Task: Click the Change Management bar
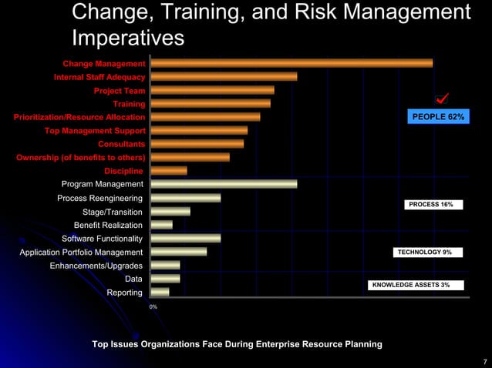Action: pos(291,63)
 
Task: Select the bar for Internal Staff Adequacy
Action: pos(224,76)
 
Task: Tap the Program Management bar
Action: pos(224,184)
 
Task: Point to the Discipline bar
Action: pos(169,170)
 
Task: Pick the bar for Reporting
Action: pos(160,292)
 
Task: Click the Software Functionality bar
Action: pos(186,238)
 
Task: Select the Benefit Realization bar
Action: pos(162,225)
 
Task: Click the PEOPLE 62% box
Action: pos(438,117)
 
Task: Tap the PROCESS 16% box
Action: pos(433,205)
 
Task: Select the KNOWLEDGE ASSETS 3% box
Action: pos(416,285)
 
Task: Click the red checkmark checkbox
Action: pos(442,99)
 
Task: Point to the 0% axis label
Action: pos(153,307)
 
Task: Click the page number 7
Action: pos(484,361)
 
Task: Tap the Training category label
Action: pos(129,104)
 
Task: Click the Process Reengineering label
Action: pos(99,198)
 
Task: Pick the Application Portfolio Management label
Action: pos(81,252)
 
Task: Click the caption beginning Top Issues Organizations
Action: pos(237,344)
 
